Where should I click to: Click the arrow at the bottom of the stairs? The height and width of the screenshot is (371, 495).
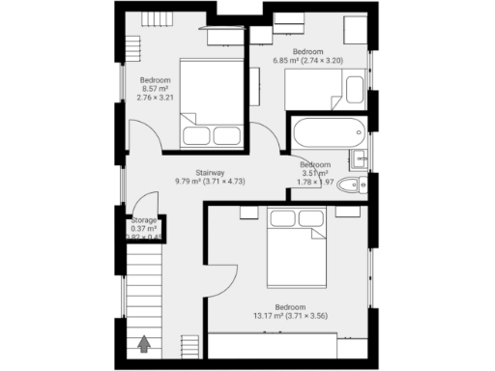point(145,341)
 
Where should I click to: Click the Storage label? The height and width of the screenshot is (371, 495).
point(143,220)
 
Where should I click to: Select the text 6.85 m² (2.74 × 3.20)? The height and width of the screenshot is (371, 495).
point(306,60)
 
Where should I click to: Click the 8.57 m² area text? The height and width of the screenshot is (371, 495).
point(154,89)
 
